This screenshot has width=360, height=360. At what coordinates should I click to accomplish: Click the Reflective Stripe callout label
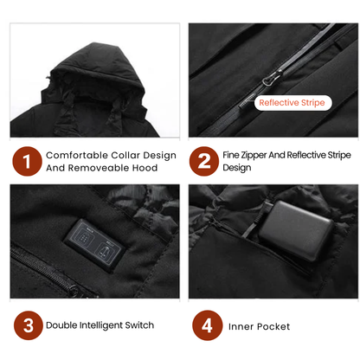[x=292, y=103]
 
